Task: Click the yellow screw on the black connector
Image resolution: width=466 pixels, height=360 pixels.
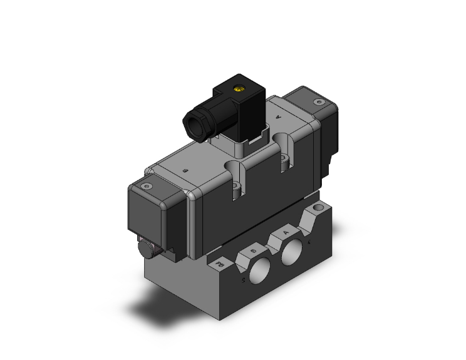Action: (x=238, y=90)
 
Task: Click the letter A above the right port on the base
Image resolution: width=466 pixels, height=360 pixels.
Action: (x=286, y=232)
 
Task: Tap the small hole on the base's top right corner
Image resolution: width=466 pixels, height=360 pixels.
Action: (x=323, y=207)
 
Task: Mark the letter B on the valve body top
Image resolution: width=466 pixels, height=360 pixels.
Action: (x=184, y=170)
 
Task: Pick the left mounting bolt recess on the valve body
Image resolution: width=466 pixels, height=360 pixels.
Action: (x=236, y=179)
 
